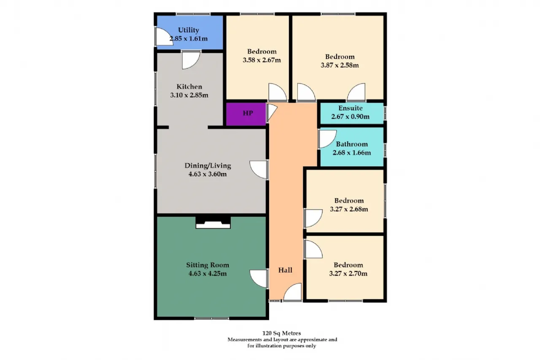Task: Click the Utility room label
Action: click(189, 30)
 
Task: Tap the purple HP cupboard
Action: click(246, 114)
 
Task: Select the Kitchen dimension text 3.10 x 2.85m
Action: click(189, 95)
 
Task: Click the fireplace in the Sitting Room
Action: click(213, 222)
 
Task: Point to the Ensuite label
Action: click(350, 108)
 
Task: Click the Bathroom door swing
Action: click(327, 139)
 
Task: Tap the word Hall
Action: click(286, 270)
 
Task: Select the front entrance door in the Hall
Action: click(292, 292)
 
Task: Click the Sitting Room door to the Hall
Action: click(259, 279)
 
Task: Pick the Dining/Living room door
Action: click(259, 170)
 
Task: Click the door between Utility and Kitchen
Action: click(191, 60)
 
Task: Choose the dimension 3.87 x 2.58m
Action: click(340, 65)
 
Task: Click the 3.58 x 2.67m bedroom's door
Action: click(278, 92)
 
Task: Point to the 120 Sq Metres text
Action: click(281, 333)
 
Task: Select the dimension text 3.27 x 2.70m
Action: click(348, 273)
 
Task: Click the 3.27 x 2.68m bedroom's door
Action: click(313, 219)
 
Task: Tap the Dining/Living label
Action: click(208, 166)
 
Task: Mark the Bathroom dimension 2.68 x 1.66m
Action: click(352, 153)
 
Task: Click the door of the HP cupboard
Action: click(271, 113)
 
